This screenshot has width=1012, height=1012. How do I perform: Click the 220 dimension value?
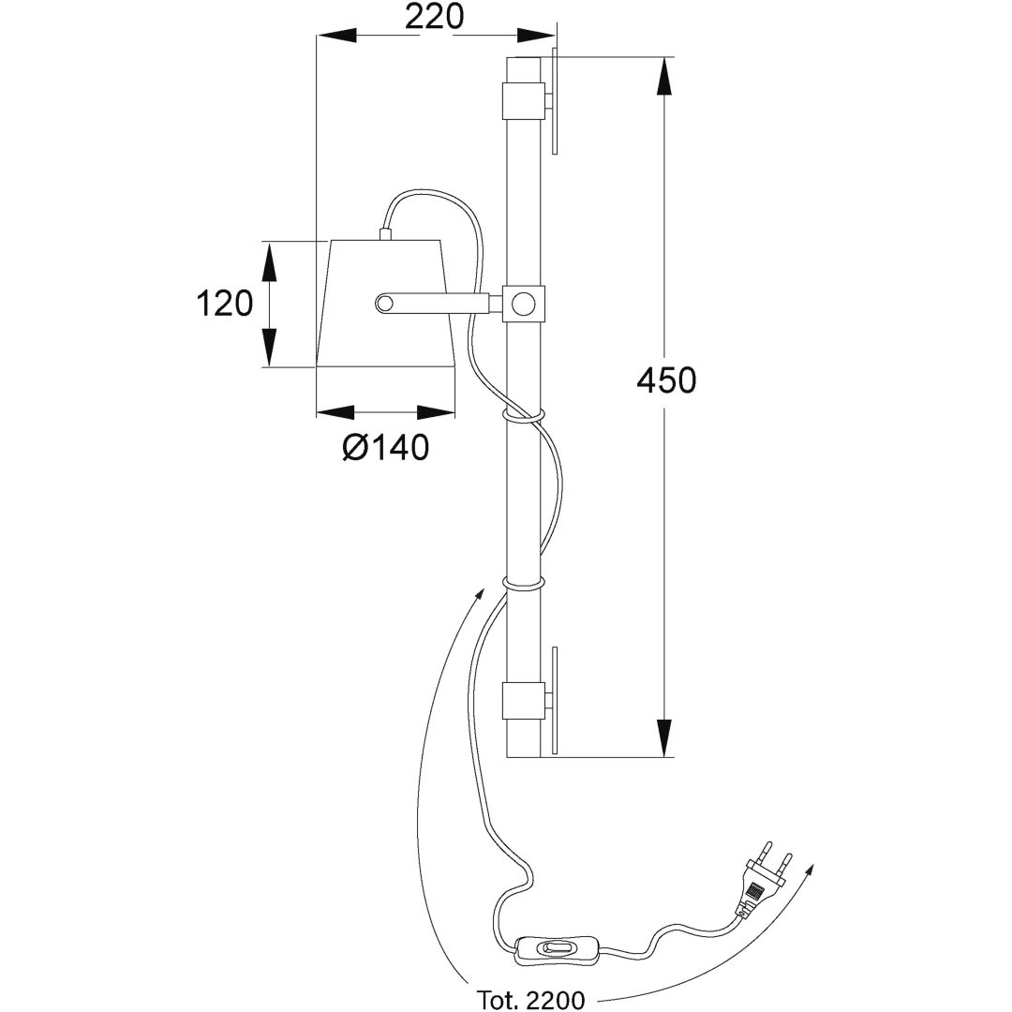coord(435,17)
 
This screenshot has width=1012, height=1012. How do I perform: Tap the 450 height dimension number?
coord(667,380)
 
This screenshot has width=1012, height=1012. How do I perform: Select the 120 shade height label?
coord(224,304)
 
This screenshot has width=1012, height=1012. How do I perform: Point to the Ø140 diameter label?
coord(385,447)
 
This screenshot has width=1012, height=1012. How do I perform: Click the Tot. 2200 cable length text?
coord(531,1000)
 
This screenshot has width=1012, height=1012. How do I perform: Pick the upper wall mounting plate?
coord(555,100)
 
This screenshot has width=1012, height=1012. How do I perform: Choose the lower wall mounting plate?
coord(555,701)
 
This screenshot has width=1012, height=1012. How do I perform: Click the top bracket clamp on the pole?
coord(522,100)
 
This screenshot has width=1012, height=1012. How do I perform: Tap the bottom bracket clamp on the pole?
coord(522,701)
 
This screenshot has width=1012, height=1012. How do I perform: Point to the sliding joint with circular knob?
coord(523,302)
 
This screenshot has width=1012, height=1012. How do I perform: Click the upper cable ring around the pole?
coord(522,414)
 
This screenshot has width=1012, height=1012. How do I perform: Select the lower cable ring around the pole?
coord(522,585)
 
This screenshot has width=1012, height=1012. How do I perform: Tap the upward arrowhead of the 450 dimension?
coord(664,78)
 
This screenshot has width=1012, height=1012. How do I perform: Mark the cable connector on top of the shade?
coord(386,234)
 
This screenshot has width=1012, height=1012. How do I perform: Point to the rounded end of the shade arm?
coord(385,303)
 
